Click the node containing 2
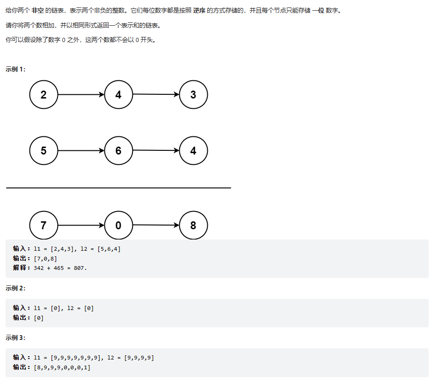click(x=44, y=95)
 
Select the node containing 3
click(x=193, y=95)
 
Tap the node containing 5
click(x=44, y=151)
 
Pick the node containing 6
click(x=118, y=151)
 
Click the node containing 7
click(x=44, y=226)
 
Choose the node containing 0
click(x=118, y=226)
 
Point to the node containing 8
click(x=193, y=226)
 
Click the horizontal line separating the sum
click(x=118, y=188)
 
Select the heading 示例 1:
click(x=15, y=69)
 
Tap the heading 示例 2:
click(x=15, y=288)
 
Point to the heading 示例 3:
click(x=15, y=338)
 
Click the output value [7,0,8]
click(x=46, y=259)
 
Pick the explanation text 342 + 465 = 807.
click(x=60, y=268)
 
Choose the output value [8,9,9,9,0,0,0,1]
click(x=62, y=367)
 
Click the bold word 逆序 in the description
click(x=199, y=10)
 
